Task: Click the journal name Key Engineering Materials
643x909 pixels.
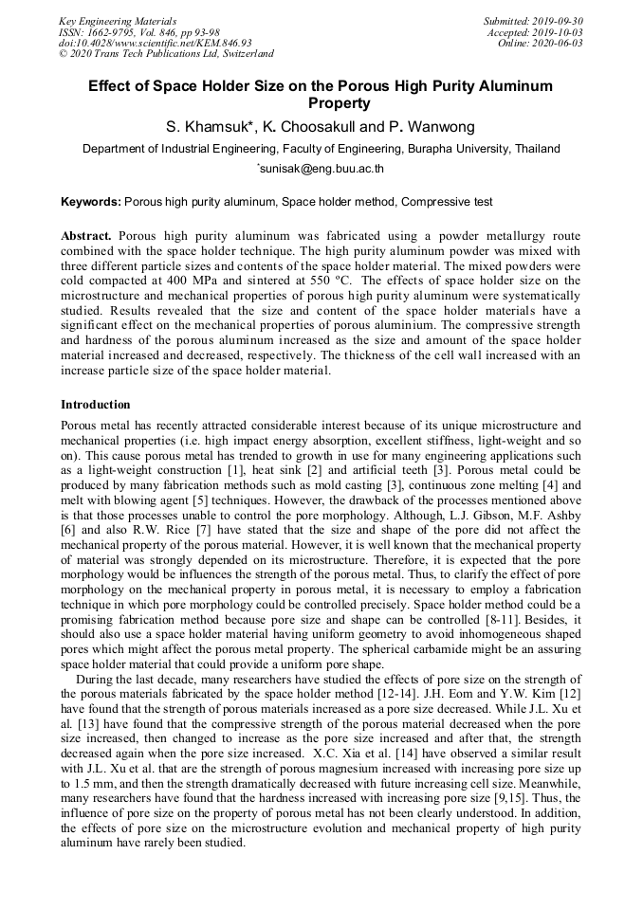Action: (117, 20)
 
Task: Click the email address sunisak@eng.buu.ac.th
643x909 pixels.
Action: (322, 171)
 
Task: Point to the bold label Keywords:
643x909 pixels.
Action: (91, 202)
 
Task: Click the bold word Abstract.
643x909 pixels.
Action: (86, 235)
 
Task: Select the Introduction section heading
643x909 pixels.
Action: (96, 405)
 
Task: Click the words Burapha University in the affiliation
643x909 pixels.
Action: (461, 149)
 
